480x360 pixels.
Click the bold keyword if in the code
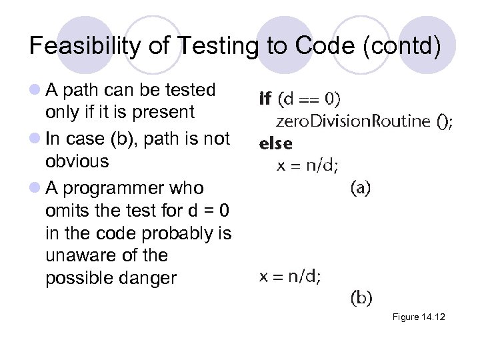pos(265,99)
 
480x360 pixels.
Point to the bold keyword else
pos(275,143)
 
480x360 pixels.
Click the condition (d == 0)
pos(309,99)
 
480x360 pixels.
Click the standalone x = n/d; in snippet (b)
pos(289,277)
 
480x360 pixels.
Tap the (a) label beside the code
pos(361,188)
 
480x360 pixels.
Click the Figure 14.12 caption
pos(418,317)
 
